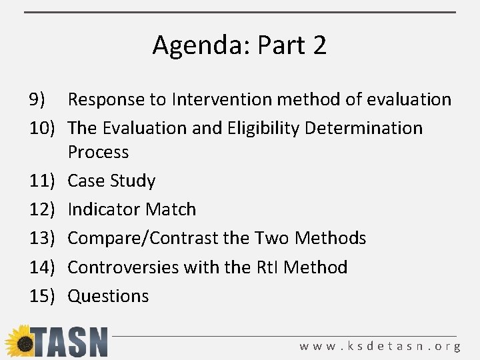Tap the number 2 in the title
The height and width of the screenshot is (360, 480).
(x=319, y=45)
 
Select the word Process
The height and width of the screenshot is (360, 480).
(x=98, y=152)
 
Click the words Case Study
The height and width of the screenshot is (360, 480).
(x=111, y=181)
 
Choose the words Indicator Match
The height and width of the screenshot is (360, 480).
(x=132, y=209)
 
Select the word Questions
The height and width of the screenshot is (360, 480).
(x=108, y=296)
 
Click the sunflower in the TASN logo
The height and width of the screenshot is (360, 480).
(x=20, y=341)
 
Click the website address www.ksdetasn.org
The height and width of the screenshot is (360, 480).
(x=380, y=347)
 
